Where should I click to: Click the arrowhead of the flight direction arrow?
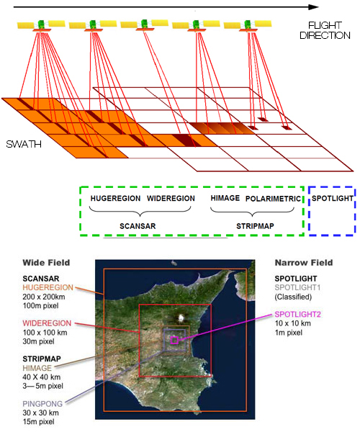pos(313,7)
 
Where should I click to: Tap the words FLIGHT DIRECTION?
pos(325,30)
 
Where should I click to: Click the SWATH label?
pos(24,144)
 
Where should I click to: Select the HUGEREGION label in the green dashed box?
pos(115,199)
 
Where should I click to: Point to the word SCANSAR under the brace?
pos(138,226)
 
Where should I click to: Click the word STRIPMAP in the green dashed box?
pos(255,226)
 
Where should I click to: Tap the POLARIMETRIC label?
pos(273,199)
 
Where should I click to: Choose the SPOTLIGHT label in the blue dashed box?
pos(333,199)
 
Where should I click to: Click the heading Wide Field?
pos(46,263)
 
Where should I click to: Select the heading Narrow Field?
pos(304,263)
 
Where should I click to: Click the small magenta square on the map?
pos(174,341)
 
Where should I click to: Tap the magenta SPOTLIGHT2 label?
pos(298,315)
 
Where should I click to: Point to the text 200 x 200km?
pos(44,297)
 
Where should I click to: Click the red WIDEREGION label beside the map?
pos(47,323)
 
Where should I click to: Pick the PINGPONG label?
pos(42,404)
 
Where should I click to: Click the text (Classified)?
pos(293,297)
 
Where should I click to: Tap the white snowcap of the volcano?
pos(181,318)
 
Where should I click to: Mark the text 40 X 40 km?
pos(42,377)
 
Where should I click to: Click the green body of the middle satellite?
pos(144,24)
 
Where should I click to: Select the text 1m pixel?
pos(289,333)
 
